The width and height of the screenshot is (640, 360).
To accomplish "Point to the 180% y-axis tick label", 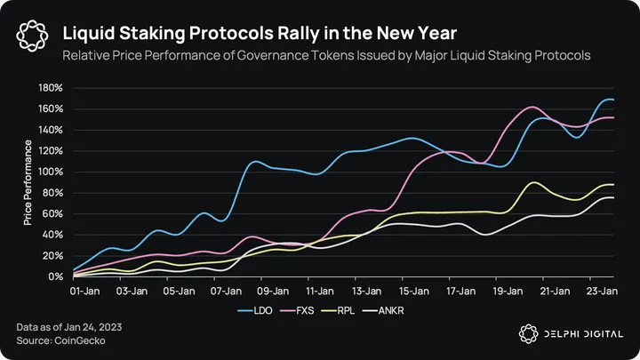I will coord(50,88).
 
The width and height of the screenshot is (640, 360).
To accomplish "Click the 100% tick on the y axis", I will coord(50,172).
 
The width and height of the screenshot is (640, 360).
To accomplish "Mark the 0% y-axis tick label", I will coord(54,276).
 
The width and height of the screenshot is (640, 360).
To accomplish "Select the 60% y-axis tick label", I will coord(52,213).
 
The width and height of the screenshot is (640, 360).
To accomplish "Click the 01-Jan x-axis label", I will coord(86,290).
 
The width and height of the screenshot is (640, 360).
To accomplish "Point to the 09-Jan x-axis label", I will coord(273,290).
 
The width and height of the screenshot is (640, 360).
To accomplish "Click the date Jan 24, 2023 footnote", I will coord(92,326).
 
